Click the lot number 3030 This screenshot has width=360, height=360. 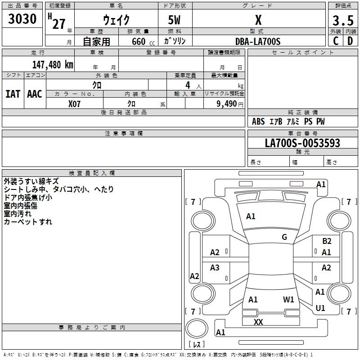(x=22, y=19)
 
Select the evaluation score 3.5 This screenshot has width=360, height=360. (x=342, y=21)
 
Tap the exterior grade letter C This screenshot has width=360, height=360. (x=335, y=41)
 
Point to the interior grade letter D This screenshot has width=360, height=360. (x=350, y=41)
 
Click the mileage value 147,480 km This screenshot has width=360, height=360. (x=53, y=64)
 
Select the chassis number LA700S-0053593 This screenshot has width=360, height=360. (x=302, y=144)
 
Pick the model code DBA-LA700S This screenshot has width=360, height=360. (x=258, y=41)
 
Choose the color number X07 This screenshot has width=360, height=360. (x=75, y=104)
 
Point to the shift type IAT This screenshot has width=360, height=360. (x=13, y=94)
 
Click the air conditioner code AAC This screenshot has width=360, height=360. (x=35, y=94)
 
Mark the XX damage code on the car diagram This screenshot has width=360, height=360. (x=258, y=322)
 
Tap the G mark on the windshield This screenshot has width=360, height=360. (x=284, y=237)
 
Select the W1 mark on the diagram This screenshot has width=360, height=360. (x=288, y=299)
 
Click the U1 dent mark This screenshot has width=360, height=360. (x=320, y=308)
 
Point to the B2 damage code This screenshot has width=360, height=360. (x=327, y=241)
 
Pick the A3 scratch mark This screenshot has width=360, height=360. (x=215, y=268)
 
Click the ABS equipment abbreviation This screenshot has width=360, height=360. (x=258, y=121)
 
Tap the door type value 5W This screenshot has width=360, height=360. (x=175, y=21)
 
